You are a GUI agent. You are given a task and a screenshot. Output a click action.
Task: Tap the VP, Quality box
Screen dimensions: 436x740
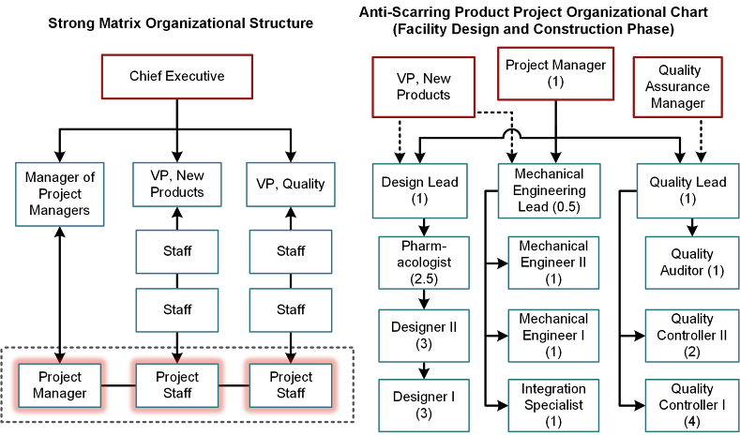[x=291, y=184]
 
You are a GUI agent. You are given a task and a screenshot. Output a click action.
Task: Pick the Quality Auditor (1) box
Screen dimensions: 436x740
[x=692, y=262]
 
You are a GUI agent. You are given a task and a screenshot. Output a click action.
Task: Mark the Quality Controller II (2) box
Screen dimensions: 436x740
[x=692, y=334]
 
